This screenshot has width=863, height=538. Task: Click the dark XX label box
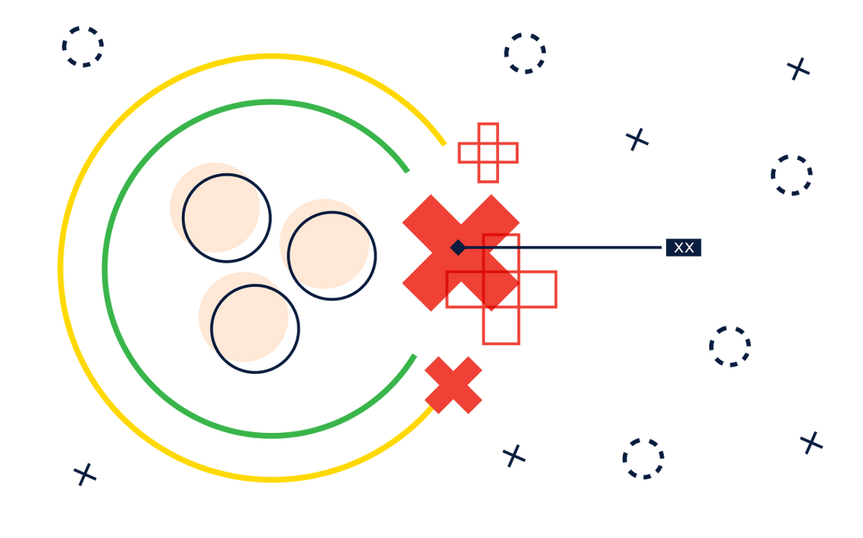point(683,248)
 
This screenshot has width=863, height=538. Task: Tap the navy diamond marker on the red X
point(458,248)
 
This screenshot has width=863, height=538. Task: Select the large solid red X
point(461,253)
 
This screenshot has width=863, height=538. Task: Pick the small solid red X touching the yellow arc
point(453,385)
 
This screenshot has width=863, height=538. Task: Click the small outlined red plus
point(488,153)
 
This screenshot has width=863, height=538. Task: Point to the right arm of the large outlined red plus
point(537,289)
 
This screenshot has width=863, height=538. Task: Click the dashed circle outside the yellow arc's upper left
point(82,47)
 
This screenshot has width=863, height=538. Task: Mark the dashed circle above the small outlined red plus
point(525,53)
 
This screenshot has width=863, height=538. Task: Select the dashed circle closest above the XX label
point(792,175)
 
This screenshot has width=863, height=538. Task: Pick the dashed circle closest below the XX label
point(730,347)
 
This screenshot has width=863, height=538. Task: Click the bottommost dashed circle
point(643,459)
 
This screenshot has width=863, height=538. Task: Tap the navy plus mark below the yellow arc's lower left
point(85,474)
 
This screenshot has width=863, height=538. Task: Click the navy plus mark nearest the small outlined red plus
point(637,140)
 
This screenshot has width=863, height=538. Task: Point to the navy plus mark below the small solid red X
point(514,456)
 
